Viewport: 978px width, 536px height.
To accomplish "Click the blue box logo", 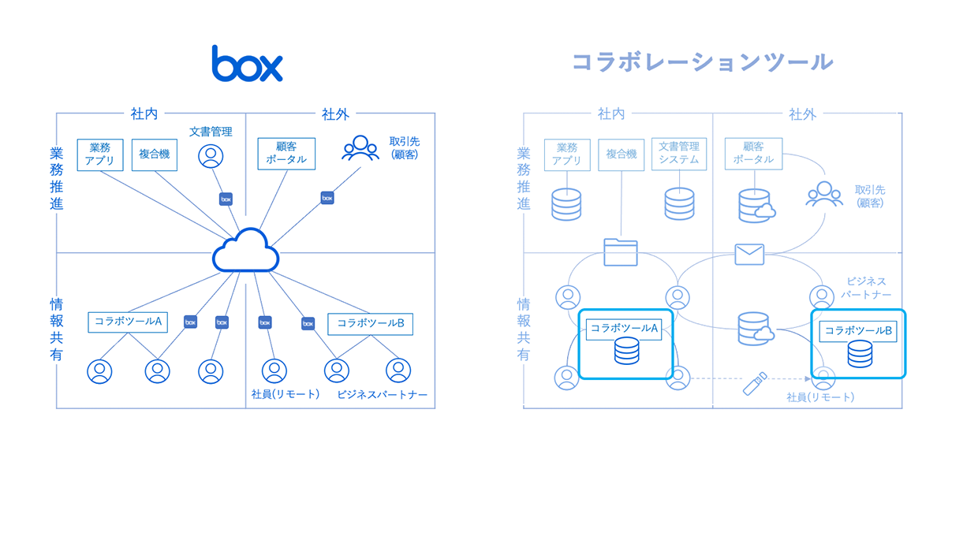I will click(x=247, y=64).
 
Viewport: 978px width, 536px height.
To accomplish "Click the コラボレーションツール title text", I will click(x=702, y=62).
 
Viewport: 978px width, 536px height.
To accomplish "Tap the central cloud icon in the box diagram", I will click(x=246, y=251).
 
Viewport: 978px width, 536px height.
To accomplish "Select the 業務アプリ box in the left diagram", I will click(x=100, y=154).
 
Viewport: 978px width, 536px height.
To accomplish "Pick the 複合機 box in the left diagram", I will click(x=155, y=154).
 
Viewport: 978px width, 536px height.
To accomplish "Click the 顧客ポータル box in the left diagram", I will click(x=286, y=154).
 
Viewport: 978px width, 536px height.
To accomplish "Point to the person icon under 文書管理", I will click(x=211, y=156).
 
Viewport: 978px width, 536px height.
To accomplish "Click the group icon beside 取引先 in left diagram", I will click(x=360, y=148).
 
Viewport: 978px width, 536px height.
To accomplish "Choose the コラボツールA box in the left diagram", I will click(x=128, y=322).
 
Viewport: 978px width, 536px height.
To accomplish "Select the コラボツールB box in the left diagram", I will click(x=370, y=323).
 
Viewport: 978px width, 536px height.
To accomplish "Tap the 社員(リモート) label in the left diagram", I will click(x=285, y=394).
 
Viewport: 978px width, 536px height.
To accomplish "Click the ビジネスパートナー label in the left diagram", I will click(x=382, y=394).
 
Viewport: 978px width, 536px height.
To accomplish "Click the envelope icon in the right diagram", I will click(x=749, y=254).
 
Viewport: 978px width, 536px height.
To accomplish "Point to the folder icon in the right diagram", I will click(x=620, y=251).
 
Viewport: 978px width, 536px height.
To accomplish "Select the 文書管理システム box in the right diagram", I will click(x=679, y=153).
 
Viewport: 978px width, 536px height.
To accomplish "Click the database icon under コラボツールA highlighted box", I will click(x=626, y=352).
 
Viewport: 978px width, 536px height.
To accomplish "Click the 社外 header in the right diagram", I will click(x=802, y=114).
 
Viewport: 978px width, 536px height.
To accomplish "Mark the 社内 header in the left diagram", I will click(x=144, y=114).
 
